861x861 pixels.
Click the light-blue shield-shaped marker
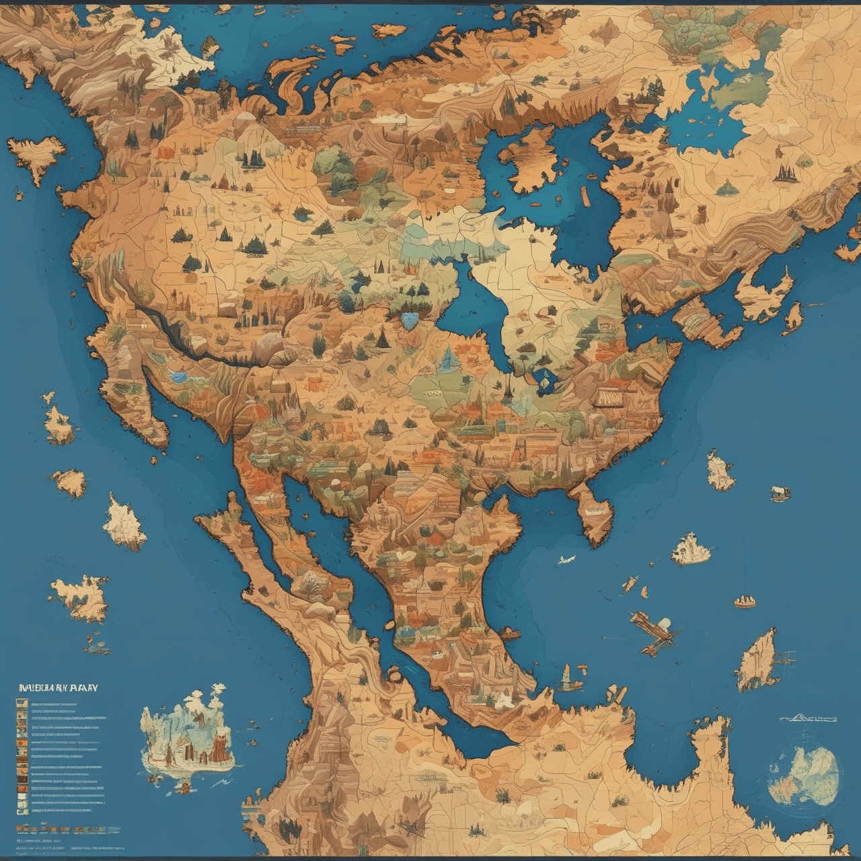(408, 319)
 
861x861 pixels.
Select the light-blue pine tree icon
(445, 360)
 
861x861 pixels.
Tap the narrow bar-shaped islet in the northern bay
(585, 196)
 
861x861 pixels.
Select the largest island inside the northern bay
(531, 161)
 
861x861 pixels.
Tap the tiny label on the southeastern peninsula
(595, 511)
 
